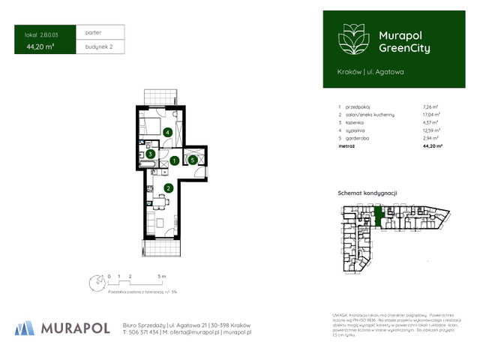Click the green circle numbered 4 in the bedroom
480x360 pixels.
(x=169, y=133)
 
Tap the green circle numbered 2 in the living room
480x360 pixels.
(x=169, y=187)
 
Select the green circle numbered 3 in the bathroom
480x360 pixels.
(x=151, y=154)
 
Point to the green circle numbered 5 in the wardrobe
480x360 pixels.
(x=193, y=160)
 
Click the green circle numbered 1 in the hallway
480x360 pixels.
(x=174, y=160)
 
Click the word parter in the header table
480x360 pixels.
(x=93, y=33)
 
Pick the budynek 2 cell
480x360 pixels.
(x=99, y=46)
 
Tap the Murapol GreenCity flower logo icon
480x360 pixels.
(x=350, y=38)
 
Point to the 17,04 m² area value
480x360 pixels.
(x=431, y=115)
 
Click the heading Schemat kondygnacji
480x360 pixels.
(x=367, y=193)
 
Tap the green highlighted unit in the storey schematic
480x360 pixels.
(x=379, y=216)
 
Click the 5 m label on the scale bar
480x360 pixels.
(x=162, y=277)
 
